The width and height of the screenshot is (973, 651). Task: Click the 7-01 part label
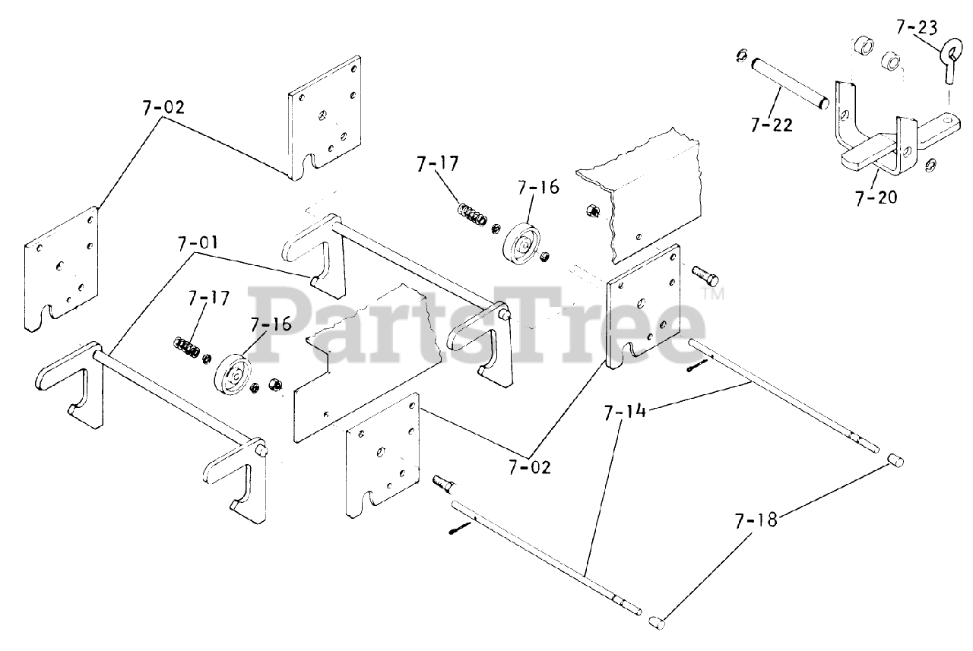tap(198, 244)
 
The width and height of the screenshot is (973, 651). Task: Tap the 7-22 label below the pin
tap(771, 125)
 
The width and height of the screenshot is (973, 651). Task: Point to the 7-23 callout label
tap(917, 29)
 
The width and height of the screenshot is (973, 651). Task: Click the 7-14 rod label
tap(625, 413)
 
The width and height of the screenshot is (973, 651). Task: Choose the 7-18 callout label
tap(755, 521)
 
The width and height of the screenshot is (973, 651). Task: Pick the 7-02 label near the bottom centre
tap(530, 467)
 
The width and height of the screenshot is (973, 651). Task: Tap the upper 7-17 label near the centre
tap(438, 163)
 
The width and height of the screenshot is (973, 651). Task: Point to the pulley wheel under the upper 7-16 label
tap(522, 242)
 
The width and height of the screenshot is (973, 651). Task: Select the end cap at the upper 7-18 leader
tap(897, 460)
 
